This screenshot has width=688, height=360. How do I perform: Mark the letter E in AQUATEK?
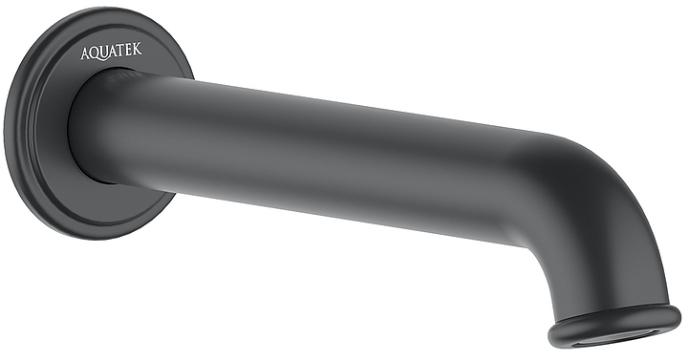tap(130, 49)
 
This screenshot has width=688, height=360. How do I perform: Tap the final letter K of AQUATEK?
tap(139, 48)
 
